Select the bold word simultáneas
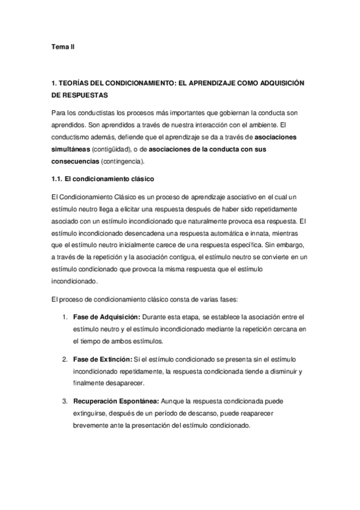(x=73, y=148)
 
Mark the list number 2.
(x=64, y=360)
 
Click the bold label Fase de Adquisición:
(x=106, y=317)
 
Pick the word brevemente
(x=91, y=424)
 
